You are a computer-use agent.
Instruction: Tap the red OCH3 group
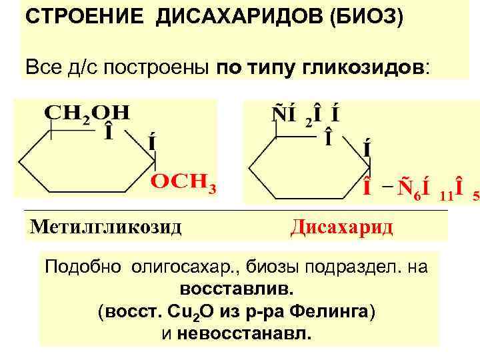184,181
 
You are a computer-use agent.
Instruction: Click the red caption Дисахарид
342,227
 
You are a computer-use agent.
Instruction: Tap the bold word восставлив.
236,290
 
